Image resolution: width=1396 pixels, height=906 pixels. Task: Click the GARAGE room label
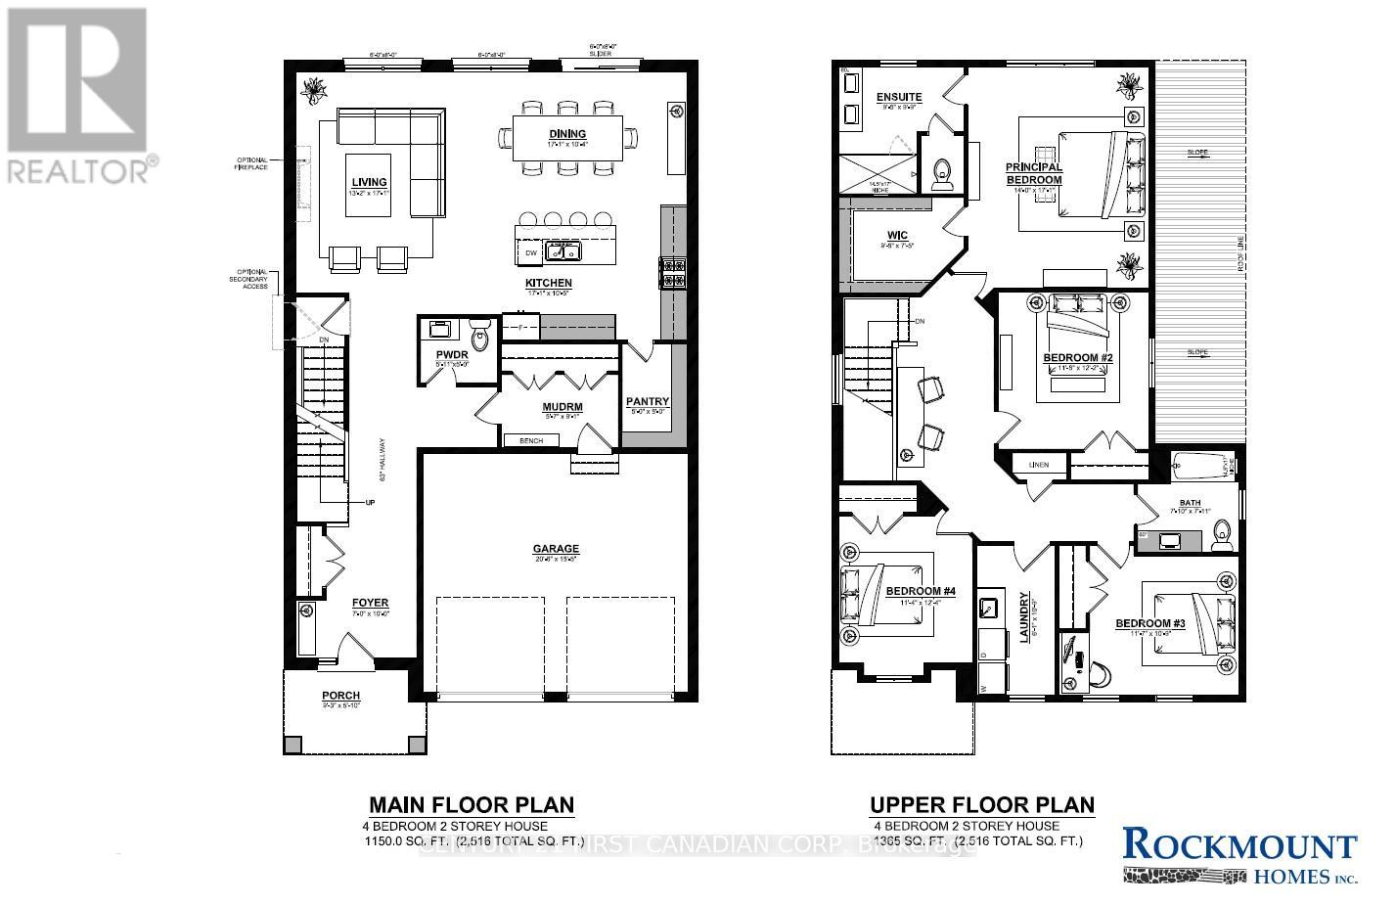[556, 549]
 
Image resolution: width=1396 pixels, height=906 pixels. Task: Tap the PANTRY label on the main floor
[647, 401]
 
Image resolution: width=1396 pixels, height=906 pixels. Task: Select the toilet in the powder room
[479, 338]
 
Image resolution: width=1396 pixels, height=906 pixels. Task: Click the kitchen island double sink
[563, 252]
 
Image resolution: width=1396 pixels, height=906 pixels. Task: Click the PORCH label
[341, 696]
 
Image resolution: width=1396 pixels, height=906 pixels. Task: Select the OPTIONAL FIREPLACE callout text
[251, 163]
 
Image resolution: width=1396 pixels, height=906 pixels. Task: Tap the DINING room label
[567, 134]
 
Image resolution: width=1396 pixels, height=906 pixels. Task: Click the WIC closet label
[898, 236]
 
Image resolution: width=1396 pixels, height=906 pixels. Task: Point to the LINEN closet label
[1039, 465]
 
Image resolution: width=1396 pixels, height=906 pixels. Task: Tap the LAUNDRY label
[1025, 616]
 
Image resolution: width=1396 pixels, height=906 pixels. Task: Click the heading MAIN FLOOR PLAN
[471, 805]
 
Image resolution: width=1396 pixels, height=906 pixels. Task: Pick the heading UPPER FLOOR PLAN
[982, 805]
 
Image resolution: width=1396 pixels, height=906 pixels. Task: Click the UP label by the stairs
[370, 503]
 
